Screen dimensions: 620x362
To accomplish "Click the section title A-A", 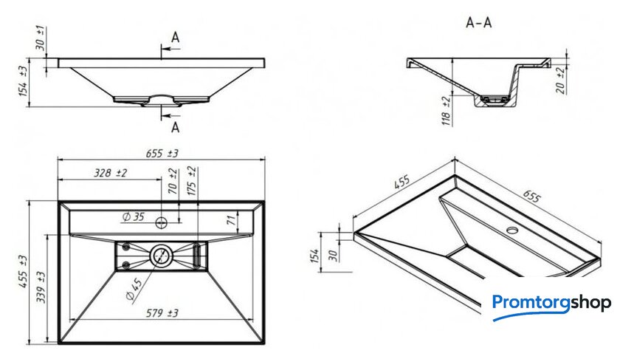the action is tap(479, 23).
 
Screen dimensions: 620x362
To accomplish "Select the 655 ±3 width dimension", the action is tap(162, 153).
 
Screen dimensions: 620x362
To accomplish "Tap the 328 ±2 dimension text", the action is tap(110, 173).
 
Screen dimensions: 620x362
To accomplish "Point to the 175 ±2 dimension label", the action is tap(191, 181).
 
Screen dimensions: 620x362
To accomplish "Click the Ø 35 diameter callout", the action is tap(134, 216).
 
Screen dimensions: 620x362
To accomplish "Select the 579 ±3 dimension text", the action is tap(162, 313).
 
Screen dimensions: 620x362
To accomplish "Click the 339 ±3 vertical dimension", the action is tap(41, 287).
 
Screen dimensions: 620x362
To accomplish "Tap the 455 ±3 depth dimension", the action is tap(23, 271).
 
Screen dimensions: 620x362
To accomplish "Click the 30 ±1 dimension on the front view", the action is tap(41, 38).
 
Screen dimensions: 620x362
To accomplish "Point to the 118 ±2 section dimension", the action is tap(446, 111).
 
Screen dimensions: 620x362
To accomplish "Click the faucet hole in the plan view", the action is tap(162, 222).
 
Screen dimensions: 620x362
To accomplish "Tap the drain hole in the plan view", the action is tap(161, 256).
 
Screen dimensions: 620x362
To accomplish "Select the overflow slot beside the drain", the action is tap(197, 256).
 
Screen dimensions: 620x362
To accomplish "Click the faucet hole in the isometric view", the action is tap(513, 230).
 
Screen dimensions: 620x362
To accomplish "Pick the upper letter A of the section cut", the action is tap(175, 38).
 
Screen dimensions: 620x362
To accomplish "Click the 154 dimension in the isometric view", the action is tap(315, 256).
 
